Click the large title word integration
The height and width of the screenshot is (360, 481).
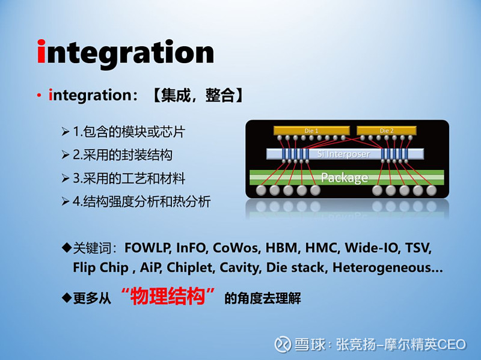pos(126,52)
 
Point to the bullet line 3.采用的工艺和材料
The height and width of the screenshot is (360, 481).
pos(129,178)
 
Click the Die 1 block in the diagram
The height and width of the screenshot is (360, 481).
pos(311,130)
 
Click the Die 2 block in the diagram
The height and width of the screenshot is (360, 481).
pos(386,130)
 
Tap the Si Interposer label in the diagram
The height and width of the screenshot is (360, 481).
pos(344,154)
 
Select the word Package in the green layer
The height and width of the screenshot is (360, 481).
pos(344,177)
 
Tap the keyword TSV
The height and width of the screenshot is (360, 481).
pos(418,248)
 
